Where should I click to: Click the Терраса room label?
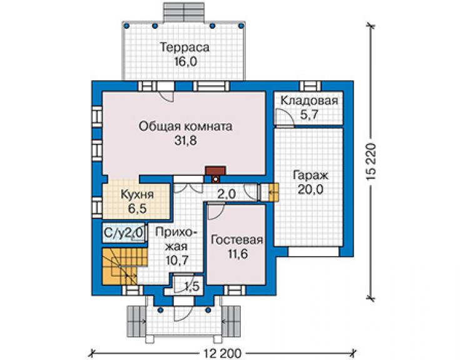coord(185,48)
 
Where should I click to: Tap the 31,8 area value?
coord(185,141)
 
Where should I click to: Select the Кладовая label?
coord(309,101)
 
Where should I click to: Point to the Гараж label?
coord(310,175)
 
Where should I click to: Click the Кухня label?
coord(137,195)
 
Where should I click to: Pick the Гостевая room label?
coord(237,240)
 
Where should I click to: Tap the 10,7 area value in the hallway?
coord(177,260)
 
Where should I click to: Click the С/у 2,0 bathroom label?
coord(123,233)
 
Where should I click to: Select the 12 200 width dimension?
coord(222,353)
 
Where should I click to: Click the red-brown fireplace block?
coord(216,170)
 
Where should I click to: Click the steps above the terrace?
coord(184,12)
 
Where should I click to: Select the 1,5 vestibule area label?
coord(192,286)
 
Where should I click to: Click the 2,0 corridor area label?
coord(226,194)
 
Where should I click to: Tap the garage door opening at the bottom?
coord(313,252)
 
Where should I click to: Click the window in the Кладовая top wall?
coord(310,86)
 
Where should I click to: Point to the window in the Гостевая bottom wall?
coord(235,291)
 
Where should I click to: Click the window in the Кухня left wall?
coord(97,206)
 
